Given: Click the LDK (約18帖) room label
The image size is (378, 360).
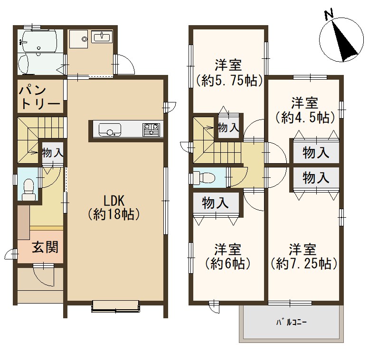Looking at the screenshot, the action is (x=113, y=207).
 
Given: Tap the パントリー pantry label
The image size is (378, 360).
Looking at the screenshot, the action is (x=40, y=97).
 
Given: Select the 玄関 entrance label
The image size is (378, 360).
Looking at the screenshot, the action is (x=45, y=247).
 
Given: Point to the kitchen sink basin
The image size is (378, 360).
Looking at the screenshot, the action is (x=110, y=130).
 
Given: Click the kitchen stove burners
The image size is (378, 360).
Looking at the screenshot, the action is (x=151, y=129).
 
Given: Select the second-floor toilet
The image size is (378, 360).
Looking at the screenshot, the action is (x=204, y=177).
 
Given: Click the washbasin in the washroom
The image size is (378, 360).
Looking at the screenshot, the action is (x=102, y=37).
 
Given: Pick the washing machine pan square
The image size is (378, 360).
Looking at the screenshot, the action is (x=78, y=39).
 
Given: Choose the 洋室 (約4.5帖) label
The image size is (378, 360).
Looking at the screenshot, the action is (x=305, y=111).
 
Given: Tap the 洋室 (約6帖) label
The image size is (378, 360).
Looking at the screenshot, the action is (x=228, y=256).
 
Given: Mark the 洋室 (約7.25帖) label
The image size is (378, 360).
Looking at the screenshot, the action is (x=303, y=256).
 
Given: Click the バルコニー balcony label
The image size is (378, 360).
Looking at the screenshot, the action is (x=291, y=322).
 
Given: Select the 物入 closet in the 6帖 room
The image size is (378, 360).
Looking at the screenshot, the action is (x=215, y=203).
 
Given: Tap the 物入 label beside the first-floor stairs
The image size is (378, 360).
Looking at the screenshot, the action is (x=53, y=152).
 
